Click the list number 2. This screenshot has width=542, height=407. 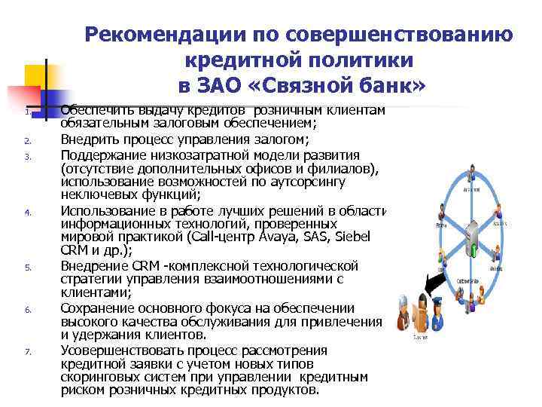(26, 140)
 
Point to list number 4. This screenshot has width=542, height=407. (26, 213)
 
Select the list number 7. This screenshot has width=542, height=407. (26, 351)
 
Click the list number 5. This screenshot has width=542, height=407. (26, 267)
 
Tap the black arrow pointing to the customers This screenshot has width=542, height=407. (436, 285)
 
